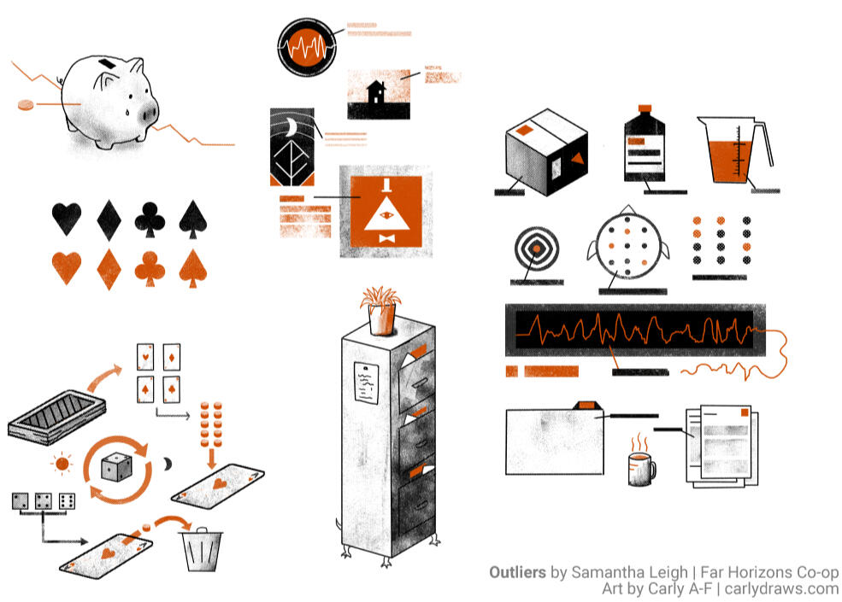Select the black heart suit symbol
67,219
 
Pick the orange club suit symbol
150,268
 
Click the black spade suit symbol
193,219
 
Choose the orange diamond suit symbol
109,269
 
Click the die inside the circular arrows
115,467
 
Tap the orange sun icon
62,465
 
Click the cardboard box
546,152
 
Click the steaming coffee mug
641,468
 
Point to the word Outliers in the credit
517,572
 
